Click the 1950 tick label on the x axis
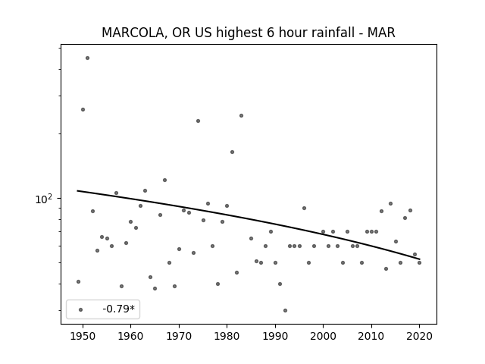(x=83, y=336)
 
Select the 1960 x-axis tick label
(x=130, y=336)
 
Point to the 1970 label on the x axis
(x=179, y=336)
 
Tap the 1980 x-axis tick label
(x=227, y=336)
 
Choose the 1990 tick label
(x=275, y=336)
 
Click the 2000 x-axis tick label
(x=323, y=336)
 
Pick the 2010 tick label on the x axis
(x=371, y=336)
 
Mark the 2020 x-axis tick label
(x=419, y=336)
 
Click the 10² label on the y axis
(x=44, y=199)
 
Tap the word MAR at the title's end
(x=381, y=33)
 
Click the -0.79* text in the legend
(x=119, y=309)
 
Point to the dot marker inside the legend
(x=81, y=309)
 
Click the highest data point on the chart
(x=88, y=58)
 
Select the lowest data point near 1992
(x=285, y=310)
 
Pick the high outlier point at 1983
(x=241, y=116)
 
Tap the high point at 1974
(x=198, y=121)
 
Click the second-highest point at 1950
(x=83, y=109)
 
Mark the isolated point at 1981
(x=233, y=152)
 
